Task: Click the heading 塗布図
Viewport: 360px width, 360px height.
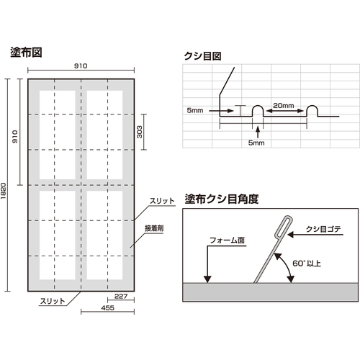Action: (x=26, y=53)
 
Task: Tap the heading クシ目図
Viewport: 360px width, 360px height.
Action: (x=202, y=56)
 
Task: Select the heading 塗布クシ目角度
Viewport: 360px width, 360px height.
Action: (x=222, y=199)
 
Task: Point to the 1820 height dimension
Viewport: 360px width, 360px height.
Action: (x=3, y=191)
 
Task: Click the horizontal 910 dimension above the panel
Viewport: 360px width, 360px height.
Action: (x=81, y=66)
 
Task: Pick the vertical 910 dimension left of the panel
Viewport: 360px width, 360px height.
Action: (x=15, y=137)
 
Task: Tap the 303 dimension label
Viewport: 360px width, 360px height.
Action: (x=140, y=132)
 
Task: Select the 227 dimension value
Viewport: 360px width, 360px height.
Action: (x=121, y=296)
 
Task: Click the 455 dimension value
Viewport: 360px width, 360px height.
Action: (x=107, y=307)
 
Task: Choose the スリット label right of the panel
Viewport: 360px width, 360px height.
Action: (x=162, y=201)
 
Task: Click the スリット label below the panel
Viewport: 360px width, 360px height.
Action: (x=53, y=301)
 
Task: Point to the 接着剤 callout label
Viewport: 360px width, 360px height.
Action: (x=154, y=228)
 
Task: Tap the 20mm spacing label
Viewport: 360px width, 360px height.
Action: (x=284, y=105)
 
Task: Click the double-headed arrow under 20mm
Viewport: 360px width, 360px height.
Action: (x=285, y=111)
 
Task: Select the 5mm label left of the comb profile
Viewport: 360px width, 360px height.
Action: (x=195, y=110)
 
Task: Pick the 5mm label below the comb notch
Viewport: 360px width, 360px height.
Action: (x=256, y=143)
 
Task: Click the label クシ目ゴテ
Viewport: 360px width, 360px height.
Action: (x=323, y=229)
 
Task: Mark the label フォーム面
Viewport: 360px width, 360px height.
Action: (x=227, y=240)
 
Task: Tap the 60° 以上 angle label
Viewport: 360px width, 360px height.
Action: (x=307, y=264)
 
